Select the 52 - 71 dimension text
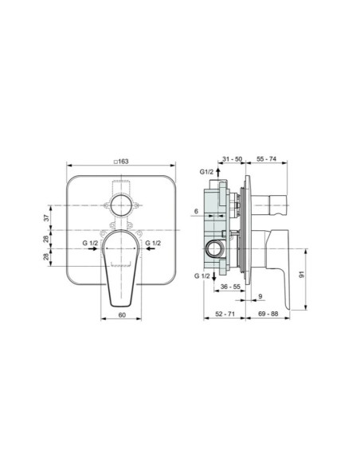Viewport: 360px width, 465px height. click(226, 315)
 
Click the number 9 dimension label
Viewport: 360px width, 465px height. click(261, 296)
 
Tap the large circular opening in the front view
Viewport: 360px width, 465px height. click(121, 204)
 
